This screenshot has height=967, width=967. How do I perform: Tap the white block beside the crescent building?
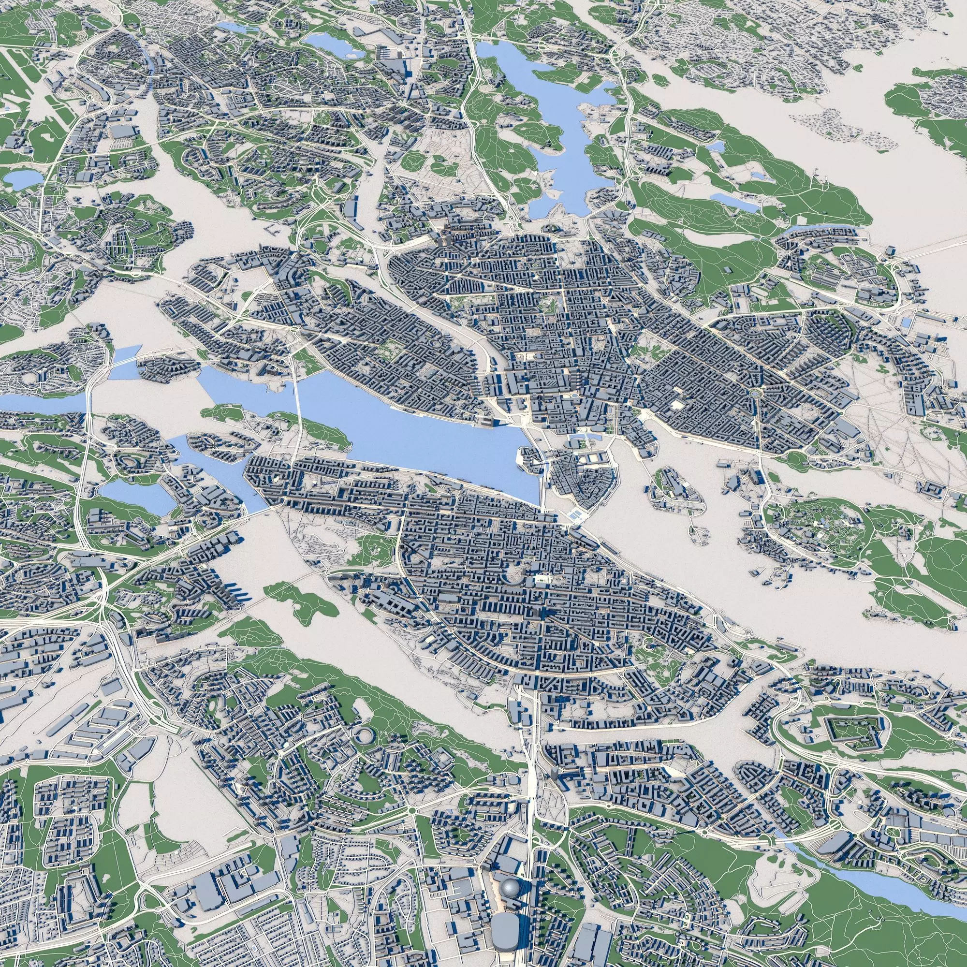[541, 581]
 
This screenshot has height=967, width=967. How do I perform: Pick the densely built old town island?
[581, 478]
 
